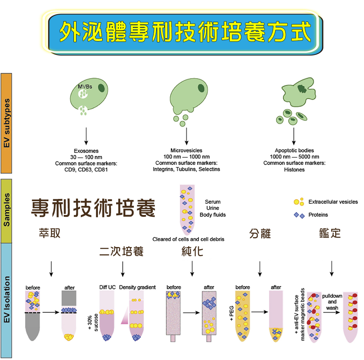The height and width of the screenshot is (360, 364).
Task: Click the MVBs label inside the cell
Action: [85, 87]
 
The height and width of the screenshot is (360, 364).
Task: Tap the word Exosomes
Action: [86, 151]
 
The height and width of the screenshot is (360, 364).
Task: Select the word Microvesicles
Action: [186, 150]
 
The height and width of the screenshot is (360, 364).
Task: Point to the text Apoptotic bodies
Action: [294, 150]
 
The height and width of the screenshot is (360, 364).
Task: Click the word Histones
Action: [294, 170]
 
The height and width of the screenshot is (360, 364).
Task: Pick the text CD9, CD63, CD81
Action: [86, 170]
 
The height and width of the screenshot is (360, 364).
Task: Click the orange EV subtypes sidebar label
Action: [7, 123]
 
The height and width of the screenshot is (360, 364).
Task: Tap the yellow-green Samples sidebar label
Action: [7, 210]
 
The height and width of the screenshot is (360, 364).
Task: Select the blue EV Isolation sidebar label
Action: [7, 300]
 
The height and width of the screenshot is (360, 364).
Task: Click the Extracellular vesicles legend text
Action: [333, 202]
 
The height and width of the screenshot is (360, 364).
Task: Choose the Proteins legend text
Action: [318, 215]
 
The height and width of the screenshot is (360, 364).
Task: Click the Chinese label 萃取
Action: [50, 233]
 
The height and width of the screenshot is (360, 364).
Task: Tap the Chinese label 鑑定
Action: [330, 233]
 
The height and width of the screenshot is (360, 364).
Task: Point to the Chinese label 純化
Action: [193, 251]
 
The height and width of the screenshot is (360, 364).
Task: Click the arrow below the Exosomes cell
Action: [86, 136]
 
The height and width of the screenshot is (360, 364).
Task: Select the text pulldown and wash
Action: [332, 302]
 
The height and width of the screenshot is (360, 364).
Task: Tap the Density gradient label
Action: [138, 287]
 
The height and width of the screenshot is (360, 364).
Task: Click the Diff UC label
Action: [107, 287]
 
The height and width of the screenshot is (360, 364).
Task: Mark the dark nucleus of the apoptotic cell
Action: [302, 89]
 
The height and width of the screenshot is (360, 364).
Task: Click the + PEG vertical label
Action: [232, 313]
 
